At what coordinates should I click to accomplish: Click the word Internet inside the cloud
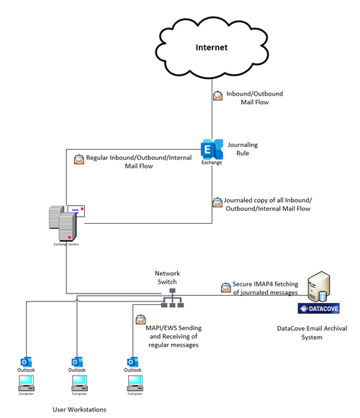pos(212,47)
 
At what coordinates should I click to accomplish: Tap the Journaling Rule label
pos(242,149)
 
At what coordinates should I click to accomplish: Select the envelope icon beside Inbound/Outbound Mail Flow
pos(217,96)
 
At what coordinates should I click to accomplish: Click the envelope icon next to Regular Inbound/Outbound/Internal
pos(78,158)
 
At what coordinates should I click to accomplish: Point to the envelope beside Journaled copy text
pos(217,203)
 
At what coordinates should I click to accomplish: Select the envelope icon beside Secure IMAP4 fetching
pos(225,288)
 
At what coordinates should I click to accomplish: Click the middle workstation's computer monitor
pos(78,382)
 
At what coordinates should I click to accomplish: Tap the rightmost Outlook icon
pos(132,361)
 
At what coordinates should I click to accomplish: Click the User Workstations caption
pos(79,409)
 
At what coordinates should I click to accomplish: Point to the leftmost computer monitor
pos(26,382)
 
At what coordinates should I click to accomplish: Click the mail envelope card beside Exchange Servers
pos(81,211)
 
